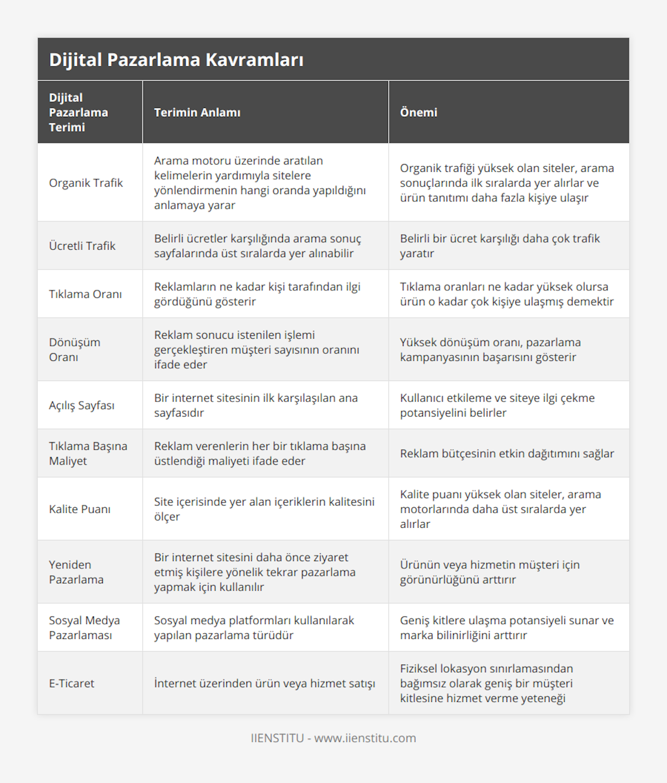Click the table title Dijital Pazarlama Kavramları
click(x=176, y=60)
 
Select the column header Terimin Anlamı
click(x=197, y=112)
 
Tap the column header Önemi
click(x=419, y=112)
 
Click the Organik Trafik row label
click(x=86, y=183)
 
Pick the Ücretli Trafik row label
click(x=82, y=246)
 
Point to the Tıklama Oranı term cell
click(x=85, y=294)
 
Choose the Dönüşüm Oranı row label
click(x=74, y=350)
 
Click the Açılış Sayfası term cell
click(x=82, y=405)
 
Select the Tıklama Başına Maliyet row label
click(x=88, y=453)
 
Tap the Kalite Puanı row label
click(x=79, y=509)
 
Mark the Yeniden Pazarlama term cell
click(x=76, y=572)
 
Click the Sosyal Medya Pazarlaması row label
click(x=84, y=628)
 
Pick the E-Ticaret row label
click(x=72, y=683)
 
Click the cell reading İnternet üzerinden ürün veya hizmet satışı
click(x=265, y=683)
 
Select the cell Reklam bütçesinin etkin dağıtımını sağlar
click(x=507, y=454)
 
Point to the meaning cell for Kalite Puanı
click(x=264, y=509)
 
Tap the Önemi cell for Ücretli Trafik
click(x=500, y=246)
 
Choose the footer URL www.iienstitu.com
click(x=365, y=738)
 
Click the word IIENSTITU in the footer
click(x=277, y=738)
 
